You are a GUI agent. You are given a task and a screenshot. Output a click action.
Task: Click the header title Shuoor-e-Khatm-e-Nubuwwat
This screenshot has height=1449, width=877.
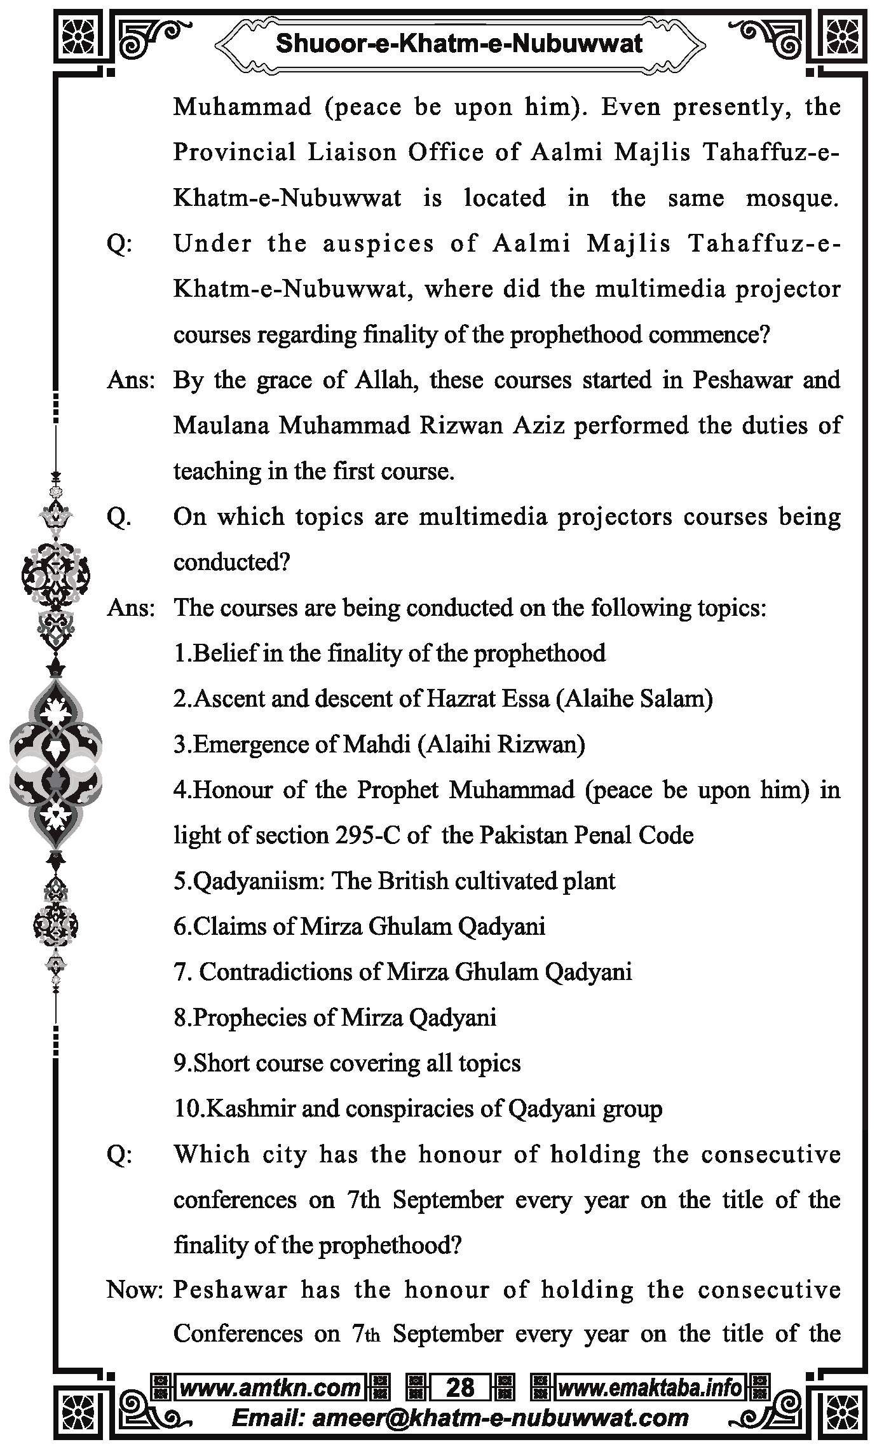459,43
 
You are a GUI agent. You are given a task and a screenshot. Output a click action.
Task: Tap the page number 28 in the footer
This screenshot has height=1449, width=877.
460,1387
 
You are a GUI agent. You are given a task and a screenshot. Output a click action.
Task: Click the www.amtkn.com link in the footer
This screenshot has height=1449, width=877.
270,1387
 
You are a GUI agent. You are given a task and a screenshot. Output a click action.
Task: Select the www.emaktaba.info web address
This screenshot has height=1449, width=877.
649,1387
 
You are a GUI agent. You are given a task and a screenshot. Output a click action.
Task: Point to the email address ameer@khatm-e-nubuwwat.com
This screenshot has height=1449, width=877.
460,1418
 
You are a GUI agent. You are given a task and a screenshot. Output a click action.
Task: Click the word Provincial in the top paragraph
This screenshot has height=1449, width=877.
235,153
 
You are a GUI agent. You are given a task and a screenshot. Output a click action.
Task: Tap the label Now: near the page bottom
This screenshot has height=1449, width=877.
135,1290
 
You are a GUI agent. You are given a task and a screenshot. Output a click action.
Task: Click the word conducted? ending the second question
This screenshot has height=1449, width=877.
231,563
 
